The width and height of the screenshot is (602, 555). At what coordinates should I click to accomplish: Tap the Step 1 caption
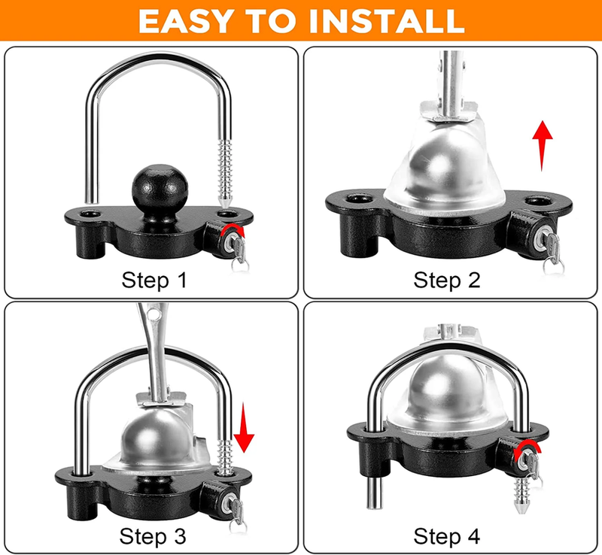(154, 281)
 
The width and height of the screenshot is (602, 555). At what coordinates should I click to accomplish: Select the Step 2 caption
(446, 281)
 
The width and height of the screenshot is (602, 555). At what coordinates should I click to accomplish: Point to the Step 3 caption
(154, 536)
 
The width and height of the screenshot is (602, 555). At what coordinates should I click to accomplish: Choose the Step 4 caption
(446, 536)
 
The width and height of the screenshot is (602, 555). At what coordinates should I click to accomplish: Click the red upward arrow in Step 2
(542, 144)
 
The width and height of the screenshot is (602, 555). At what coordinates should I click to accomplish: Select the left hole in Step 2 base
(355, 201)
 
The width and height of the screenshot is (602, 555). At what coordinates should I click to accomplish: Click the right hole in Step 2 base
(536, 201)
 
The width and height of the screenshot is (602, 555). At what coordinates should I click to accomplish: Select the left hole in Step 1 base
(90, 214)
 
